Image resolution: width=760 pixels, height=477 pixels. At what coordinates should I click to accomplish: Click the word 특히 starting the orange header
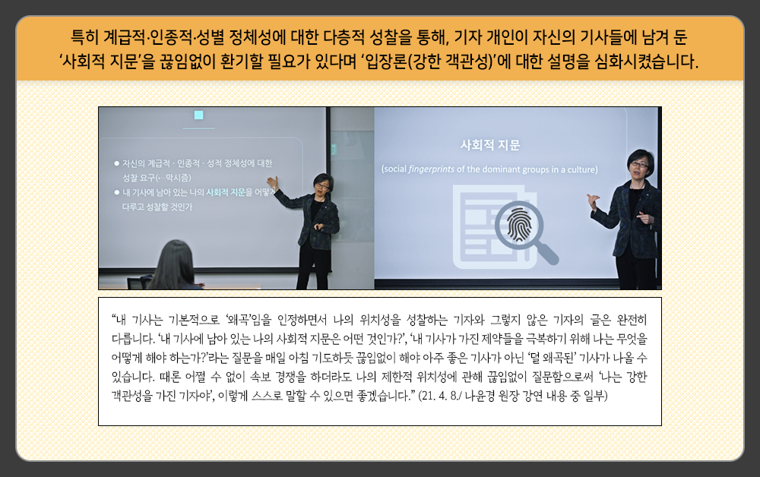85,36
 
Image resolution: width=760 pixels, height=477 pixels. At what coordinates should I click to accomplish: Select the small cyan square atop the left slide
198,115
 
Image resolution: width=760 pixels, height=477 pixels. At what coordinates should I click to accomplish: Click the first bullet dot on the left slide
116,163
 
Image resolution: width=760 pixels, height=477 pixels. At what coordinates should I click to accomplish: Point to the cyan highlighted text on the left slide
226,192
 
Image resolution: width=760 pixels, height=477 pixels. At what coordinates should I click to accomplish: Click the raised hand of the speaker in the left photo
272,182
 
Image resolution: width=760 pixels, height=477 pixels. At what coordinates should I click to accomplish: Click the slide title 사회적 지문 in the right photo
489,145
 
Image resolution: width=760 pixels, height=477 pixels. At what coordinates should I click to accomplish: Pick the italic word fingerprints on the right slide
432,169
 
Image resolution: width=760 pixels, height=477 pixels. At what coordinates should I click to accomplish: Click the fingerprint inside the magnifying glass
519,225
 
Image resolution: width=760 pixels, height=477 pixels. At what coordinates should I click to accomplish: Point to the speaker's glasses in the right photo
639,165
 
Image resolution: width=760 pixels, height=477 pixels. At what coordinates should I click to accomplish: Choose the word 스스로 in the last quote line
267,396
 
